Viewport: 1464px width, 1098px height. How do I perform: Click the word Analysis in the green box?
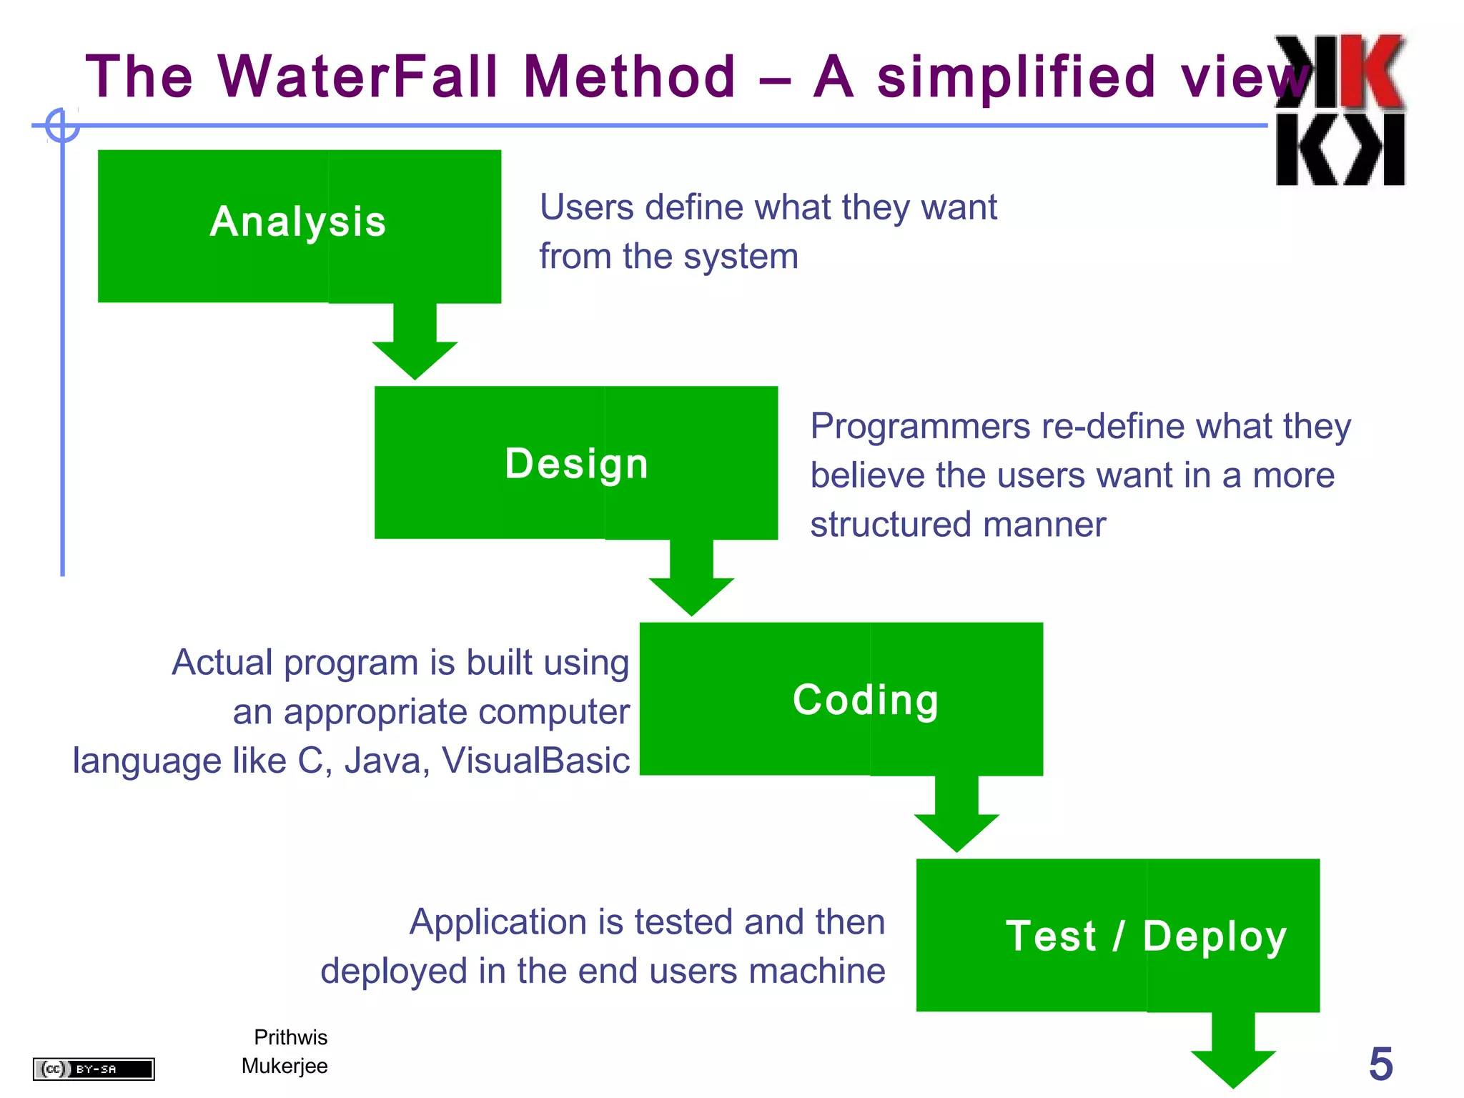coord(298,222)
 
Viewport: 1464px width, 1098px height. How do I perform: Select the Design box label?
coord(576,463)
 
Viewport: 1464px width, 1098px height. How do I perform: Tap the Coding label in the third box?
coord(865,699)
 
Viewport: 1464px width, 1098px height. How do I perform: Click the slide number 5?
coord(1380,1064)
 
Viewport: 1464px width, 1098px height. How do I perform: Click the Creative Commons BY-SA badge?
coord(94,1069)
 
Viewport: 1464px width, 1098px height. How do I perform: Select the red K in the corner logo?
coord(1371,71)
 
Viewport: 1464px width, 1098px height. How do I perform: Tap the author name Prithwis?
coord(290,1037)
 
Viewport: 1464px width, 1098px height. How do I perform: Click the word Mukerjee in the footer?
coord(285,1066)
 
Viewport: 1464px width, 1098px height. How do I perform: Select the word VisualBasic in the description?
coord(535,761)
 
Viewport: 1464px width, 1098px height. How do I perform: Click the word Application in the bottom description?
coord(498,922)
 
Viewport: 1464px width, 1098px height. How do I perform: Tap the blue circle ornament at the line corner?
coord(62,126)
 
